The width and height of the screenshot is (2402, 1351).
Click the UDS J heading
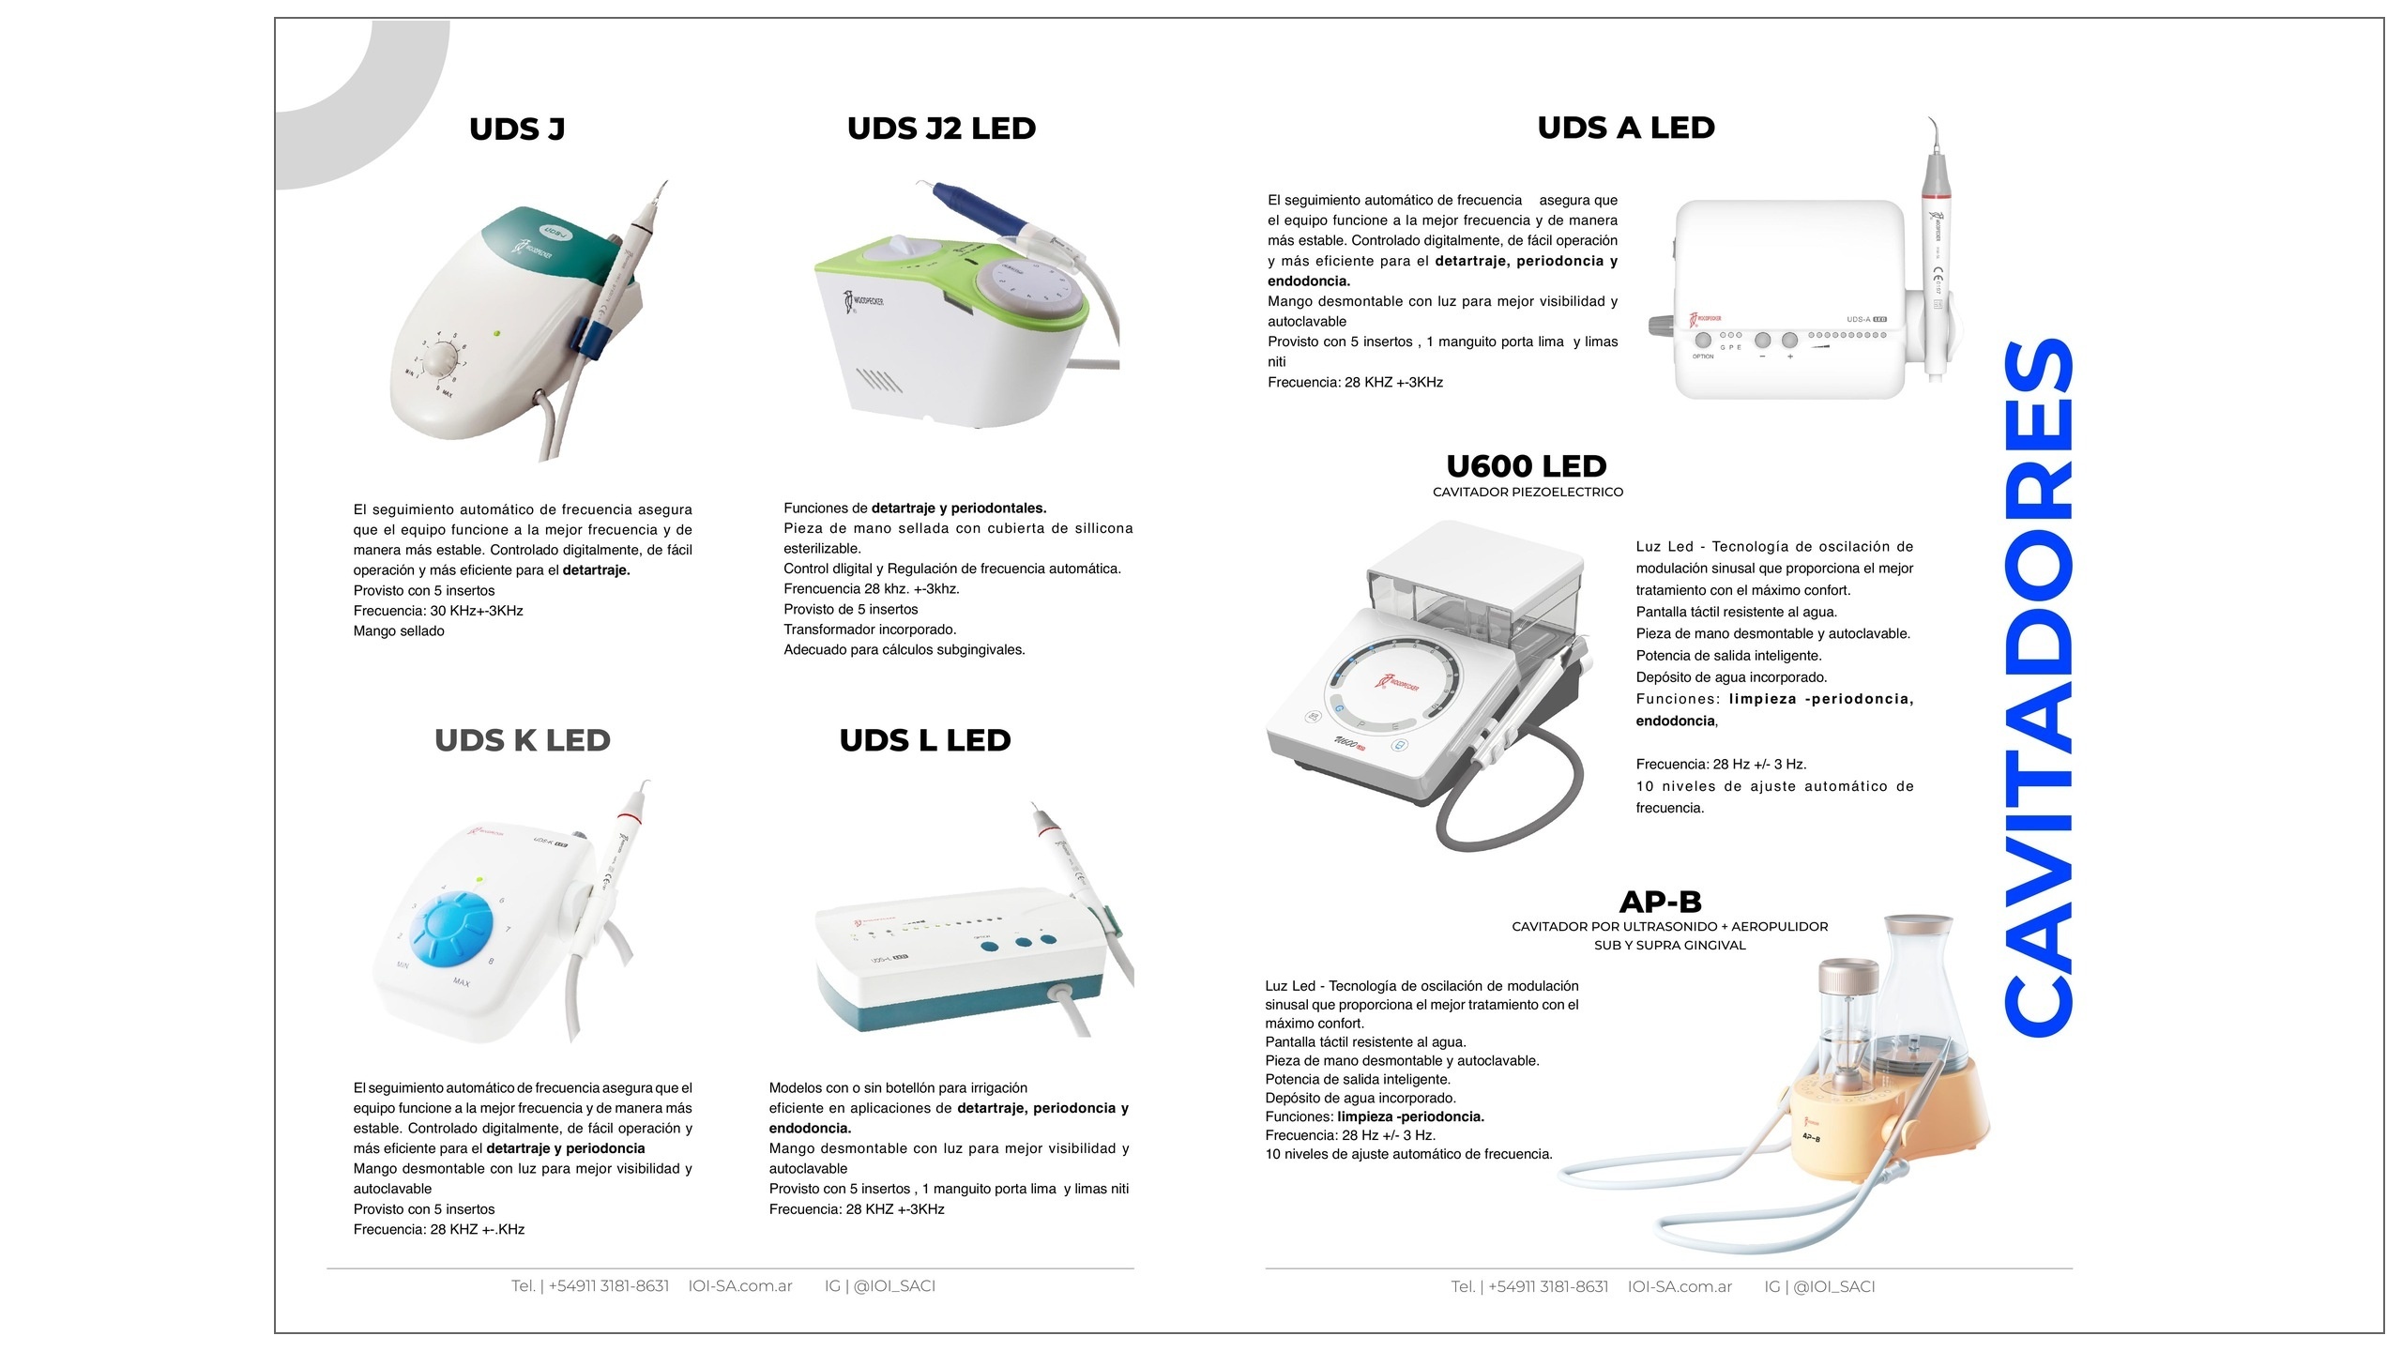[517, 129]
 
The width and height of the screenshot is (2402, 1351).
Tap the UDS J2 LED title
[941, 129]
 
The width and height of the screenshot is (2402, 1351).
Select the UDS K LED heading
[523, 740]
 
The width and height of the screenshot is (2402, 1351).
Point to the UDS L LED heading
[925, 740]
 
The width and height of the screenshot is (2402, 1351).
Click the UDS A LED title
[1626, 128]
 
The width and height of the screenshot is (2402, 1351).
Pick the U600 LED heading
[1527, 466]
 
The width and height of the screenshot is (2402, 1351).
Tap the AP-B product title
[1661, 902]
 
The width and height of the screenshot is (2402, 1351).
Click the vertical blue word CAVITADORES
[2038, 686]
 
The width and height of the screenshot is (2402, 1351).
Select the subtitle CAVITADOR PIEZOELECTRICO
[1528, 493]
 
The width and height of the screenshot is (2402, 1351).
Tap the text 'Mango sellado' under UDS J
[399, 631]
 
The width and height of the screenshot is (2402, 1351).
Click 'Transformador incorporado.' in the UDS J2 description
[870, 630]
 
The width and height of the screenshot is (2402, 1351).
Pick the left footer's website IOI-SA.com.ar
[740, 1286]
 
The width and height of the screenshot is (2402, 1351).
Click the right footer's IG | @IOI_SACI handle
[1819, 1287]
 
